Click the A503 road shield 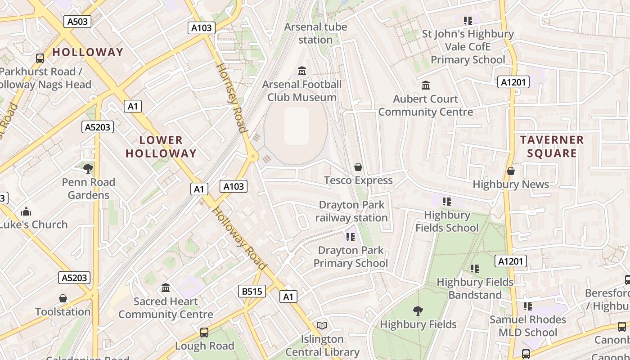(77, 21)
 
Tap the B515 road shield (252, 291)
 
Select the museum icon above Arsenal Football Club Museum (302, 71)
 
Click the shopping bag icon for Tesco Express (358, 167)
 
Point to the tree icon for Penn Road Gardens (88, 169)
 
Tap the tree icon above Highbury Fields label (418, 310)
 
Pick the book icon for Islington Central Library (322, 325)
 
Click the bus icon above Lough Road (204, 333)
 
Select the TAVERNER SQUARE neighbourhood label (552, 146)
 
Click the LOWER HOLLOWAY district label (161, 146)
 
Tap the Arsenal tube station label (315, 33)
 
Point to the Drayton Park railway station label (351, 211)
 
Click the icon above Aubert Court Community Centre (426, 85)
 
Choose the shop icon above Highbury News (511, 171)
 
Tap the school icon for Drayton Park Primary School (351, 237)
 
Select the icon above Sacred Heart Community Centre (166, 288)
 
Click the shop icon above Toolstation (63, 298)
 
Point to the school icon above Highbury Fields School (446, 201)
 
